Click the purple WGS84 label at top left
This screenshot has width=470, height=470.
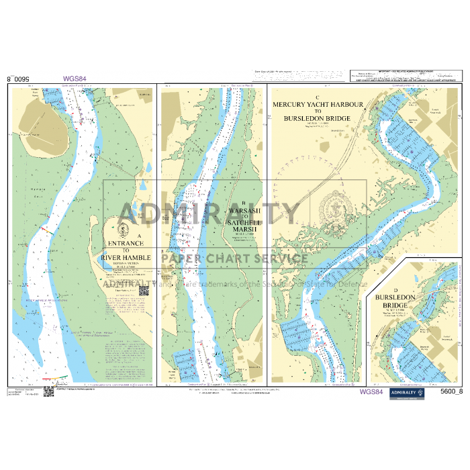[75, 79]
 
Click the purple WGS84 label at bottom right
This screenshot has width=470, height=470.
[371, 392]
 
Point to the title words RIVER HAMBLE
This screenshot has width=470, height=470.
[126, 258]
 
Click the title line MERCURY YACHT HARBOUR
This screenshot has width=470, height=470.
[318, 105]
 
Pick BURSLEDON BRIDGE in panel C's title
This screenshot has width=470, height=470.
[318, 119]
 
